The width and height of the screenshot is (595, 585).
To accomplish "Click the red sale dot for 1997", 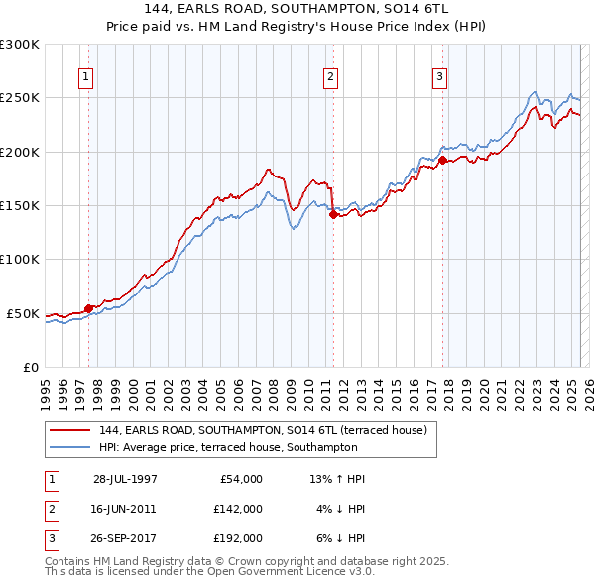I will coord(88,308).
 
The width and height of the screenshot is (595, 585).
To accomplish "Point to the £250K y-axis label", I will coord(20,98).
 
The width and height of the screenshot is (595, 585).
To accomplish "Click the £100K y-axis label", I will coord(20,259).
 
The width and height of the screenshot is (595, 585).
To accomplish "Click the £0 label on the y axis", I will coord(31,367).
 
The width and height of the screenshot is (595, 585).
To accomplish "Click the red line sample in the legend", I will coord(69,430).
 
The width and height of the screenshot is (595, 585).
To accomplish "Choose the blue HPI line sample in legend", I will coord(69,447).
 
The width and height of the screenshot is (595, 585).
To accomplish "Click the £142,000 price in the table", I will coord(238,509).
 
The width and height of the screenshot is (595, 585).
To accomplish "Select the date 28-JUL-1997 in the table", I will coord(125,479).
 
